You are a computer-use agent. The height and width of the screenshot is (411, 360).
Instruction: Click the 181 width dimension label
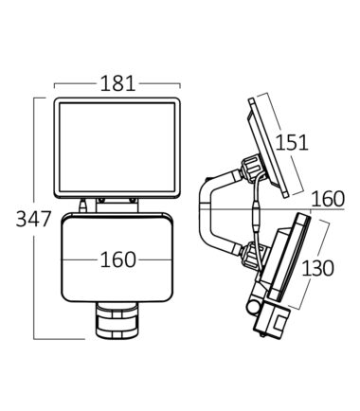(117, 84)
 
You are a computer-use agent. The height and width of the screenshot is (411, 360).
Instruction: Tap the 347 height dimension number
(33, 219)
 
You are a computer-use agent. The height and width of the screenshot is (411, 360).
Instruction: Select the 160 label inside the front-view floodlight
(117, 260)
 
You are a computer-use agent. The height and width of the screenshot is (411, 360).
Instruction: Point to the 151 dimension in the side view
(292, 142)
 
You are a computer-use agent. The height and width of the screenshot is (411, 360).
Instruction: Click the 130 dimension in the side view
(317, 268)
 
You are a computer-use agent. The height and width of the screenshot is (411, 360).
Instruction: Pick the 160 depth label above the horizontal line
(328, 199)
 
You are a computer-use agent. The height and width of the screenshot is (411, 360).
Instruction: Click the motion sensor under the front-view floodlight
(117, 320)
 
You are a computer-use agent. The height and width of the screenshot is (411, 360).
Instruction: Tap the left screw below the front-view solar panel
(101, 200)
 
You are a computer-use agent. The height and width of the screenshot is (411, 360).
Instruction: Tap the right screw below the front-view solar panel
(133, 200)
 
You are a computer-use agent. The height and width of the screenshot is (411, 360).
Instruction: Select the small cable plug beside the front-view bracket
(83, 206)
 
